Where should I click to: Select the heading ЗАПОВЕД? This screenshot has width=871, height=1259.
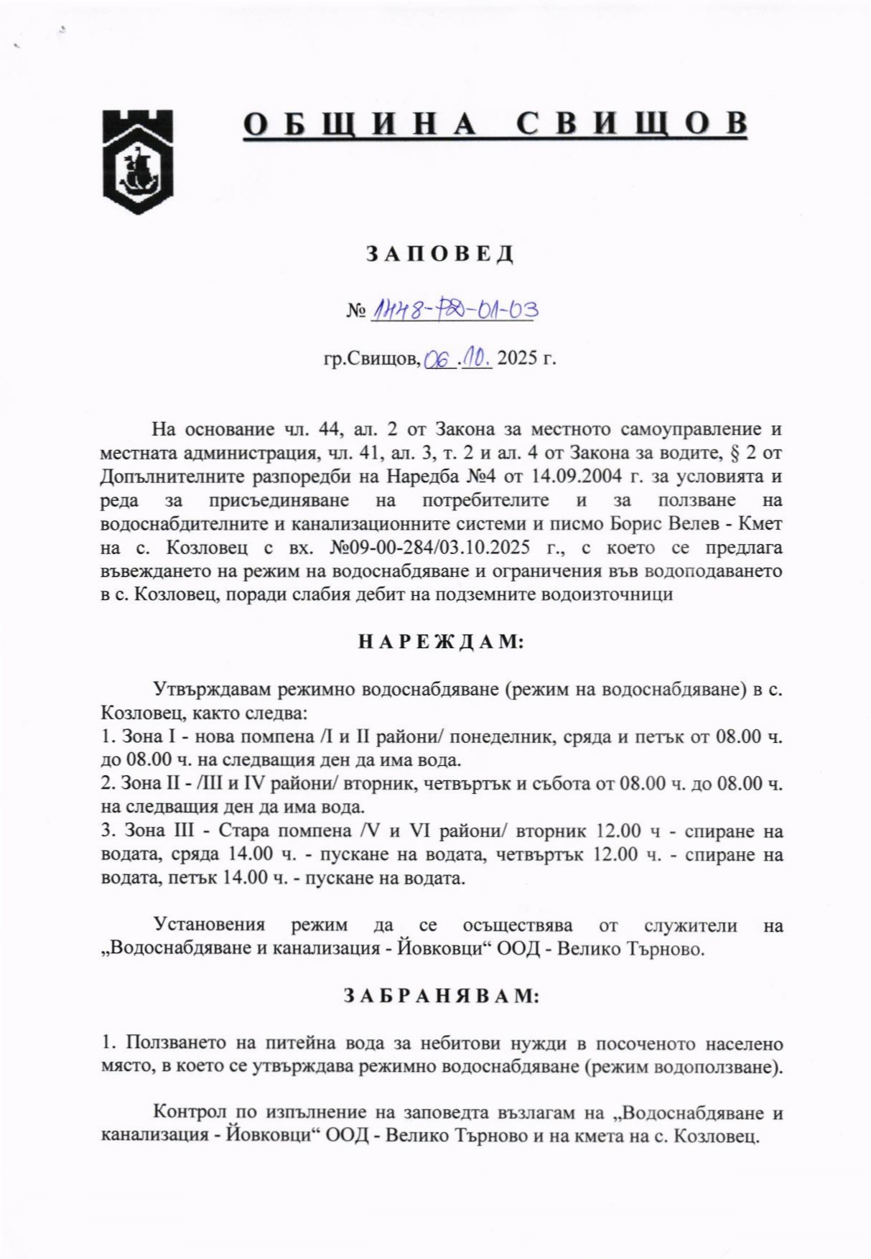[440, 253]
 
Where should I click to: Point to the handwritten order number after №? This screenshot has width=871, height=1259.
[455, 310]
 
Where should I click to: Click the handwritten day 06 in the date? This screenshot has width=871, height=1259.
[437, 360]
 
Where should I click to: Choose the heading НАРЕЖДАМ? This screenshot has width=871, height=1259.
[441, 642]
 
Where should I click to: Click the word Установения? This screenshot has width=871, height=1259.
[210, 925]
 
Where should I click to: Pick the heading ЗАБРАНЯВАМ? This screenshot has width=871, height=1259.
[440, 996]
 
